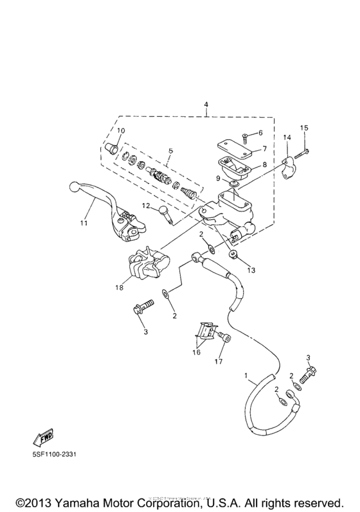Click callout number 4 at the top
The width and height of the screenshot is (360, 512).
[206, 104]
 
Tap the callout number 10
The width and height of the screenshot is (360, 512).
[120, 131]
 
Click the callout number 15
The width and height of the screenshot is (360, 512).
[305, 127]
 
